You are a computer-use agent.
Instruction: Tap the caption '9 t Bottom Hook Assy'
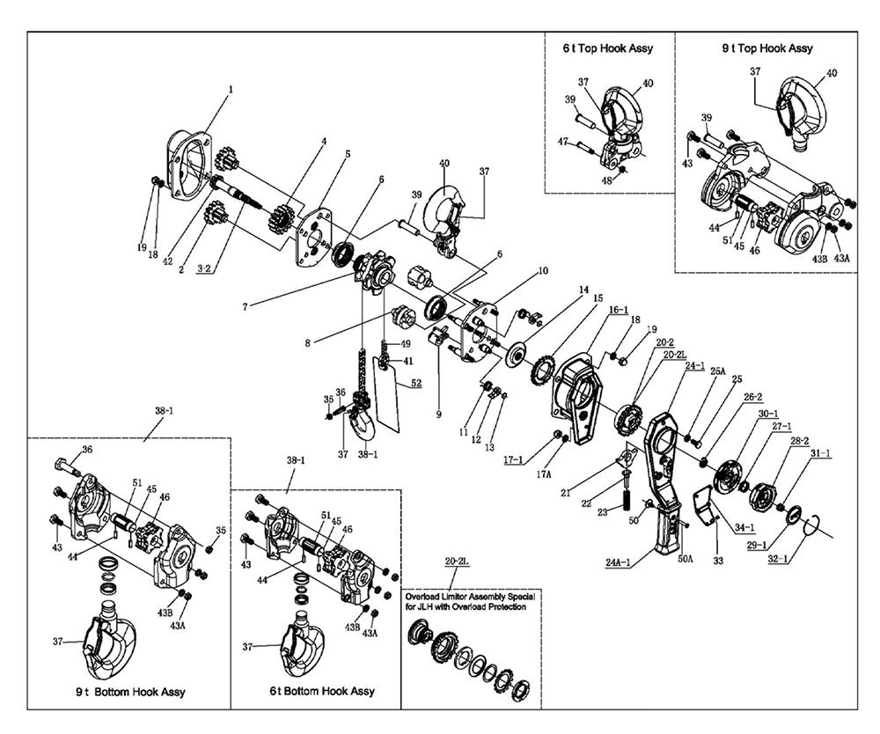[130, 693]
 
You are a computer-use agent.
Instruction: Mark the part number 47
[561, 141]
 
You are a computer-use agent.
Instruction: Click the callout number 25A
[718, 372]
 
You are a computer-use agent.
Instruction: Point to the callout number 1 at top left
[231, 91]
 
